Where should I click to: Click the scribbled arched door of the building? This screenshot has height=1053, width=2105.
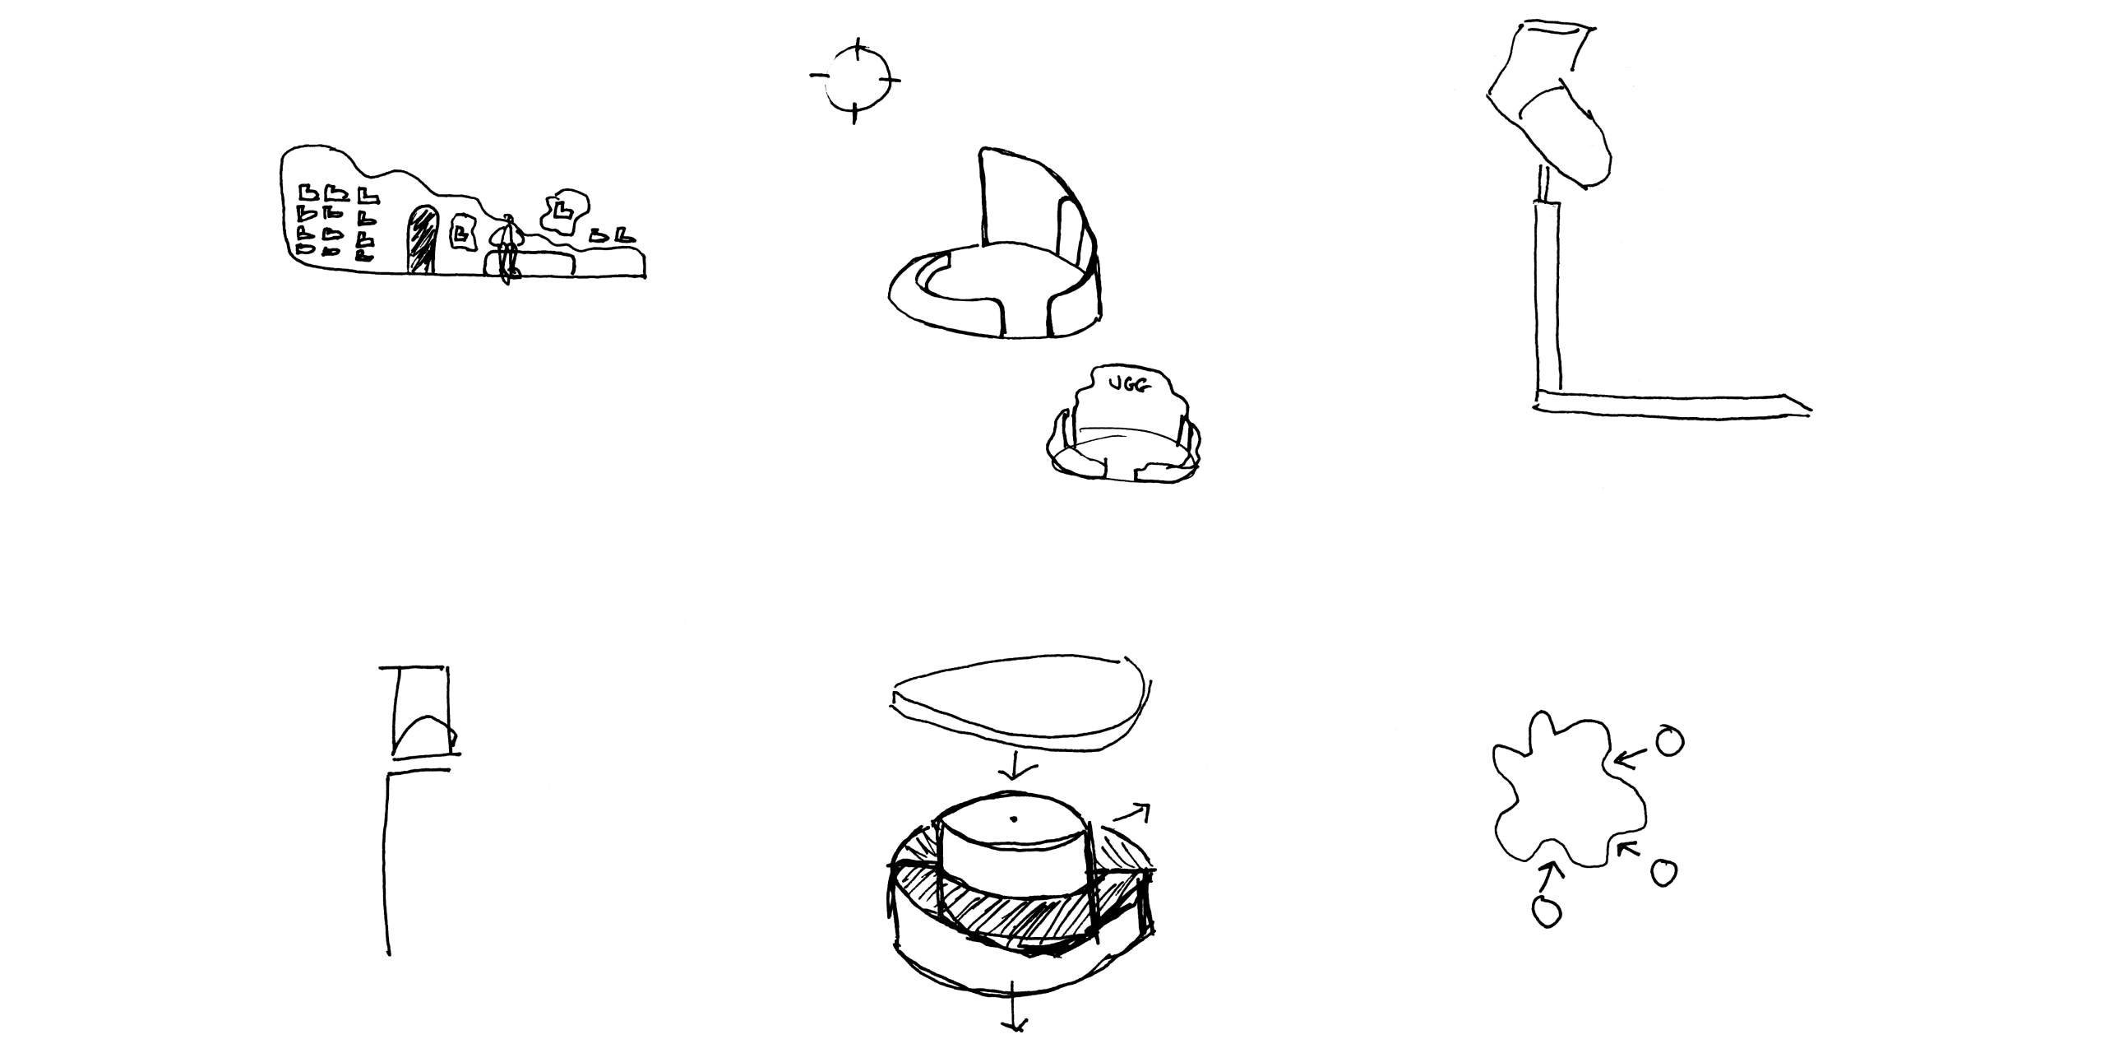pos(423,238)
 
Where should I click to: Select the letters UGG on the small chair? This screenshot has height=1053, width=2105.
pos(1127,384)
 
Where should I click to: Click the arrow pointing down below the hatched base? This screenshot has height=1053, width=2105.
pos(1014,1014)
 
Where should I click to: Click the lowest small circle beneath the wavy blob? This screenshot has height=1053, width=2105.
pos(1547,911)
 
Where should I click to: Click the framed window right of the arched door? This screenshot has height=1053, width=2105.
pos(464,233)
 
